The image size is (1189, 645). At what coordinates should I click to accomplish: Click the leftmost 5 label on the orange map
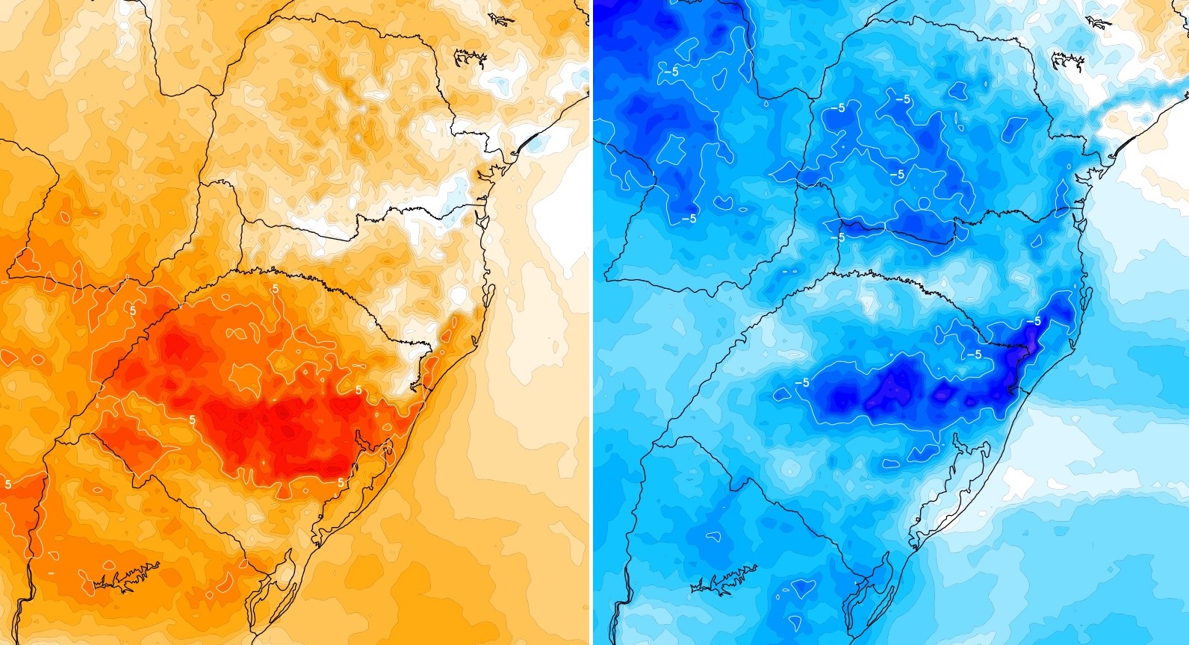[7, 484]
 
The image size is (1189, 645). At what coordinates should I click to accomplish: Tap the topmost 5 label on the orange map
[276, 288]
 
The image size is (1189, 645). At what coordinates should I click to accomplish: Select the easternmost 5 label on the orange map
[358, 390]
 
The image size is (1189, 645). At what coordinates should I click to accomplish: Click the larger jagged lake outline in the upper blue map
[1067, 59]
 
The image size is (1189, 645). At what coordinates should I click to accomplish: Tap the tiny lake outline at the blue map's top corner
[1099, 22]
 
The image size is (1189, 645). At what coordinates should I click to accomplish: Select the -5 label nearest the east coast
[1033, 321]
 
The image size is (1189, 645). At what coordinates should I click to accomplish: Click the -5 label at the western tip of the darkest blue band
[801, 382]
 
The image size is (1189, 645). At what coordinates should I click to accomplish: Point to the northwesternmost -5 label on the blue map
[670, 72]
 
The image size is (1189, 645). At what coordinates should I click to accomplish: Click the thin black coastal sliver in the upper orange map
[533, 140]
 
